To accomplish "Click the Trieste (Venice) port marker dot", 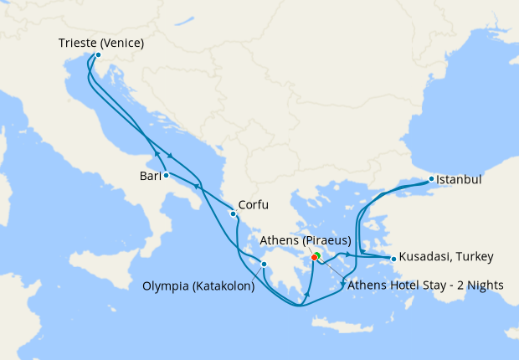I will [x=98, y=55].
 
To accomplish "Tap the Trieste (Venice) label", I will [x=101, y=43].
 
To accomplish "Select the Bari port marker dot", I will [x=167, y=175].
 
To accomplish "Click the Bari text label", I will [x=152, y=176].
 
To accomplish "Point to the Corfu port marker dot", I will [x=233, y=213].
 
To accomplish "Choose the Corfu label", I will [x=254, y=203].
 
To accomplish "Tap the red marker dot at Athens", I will [x=314, y=257].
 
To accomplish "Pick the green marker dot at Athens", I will [x=318, y=255].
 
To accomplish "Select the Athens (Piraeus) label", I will [x=306, y=241].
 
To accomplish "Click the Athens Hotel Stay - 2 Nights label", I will [x=424, y=285].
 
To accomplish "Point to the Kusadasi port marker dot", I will [x=393, y=258].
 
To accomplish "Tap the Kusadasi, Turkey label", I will [x=446, y=256].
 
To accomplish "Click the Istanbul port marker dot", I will [x=431, y=179].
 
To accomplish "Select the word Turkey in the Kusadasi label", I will [x=474, y=256].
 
